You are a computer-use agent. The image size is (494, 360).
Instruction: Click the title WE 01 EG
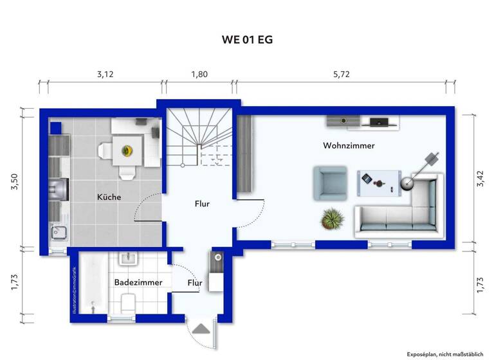(x=247, y=40)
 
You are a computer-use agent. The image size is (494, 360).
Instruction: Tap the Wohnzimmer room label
(x=349, y=146)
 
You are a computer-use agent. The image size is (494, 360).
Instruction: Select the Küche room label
(x=109, y=197)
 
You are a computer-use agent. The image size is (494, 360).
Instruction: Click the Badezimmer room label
(x=138, y=282)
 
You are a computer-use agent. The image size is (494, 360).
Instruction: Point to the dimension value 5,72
(x=342, y=74)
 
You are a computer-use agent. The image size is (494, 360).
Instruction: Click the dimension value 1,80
(x=199, y=74)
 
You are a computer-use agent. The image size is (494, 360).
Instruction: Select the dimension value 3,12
(x=105, y=74)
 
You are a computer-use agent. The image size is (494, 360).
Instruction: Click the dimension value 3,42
(x=479, y=179)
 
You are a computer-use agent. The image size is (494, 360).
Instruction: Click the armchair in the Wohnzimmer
(x=329, y=183)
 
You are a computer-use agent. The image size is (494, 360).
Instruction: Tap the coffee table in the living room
(x=379, y=181)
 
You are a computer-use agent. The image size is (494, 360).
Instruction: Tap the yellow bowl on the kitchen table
(x=127, y=151)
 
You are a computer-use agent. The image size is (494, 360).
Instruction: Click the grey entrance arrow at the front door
(x=201, y=328)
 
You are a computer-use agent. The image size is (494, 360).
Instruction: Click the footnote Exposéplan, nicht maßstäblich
(x=444, y=354)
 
